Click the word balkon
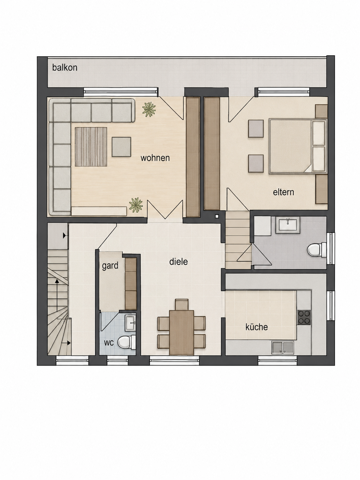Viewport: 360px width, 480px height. pyautogui.click(x=65, y=68)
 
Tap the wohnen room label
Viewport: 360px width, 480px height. pyautogui.click(x=155, y=158)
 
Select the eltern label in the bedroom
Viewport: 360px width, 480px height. pyautogui.click(x=283, y=192)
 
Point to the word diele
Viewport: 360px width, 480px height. pyautogui.click(x=179, y=262)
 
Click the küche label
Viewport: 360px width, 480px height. pyautogui.click(x=257, y=327)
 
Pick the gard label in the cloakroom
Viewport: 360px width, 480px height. pyautogui.click(x=110, y=266)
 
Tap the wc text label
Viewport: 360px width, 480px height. pyautogui.click(x=109, y=343)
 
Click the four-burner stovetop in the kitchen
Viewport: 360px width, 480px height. pyautogui.click(x=304, y=317)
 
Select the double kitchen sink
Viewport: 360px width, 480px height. pyautogui.click(x=283, y=348)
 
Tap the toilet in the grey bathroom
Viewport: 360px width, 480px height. pyautogui.click(x=317, y=250)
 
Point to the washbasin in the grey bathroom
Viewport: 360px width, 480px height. pyautogui.click(x=288, y=225)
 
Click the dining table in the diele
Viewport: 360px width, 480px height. pyautogui.click(x=182, y=332)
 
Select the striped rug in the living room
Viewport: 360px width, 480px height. pyautogui.click(x=91, y=147)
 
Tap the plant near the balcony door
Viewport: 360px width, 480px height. pyautogui.click(x=149, y=109)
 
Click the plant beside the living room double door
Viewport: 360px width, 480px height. pyautogui.click(x=136, y=205)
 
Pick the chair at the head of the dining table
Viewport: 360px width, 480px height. pyautogui.click(x=182, y=305)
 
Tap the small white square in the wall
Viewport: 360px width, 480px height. pyautogui.click(x=217, y=216)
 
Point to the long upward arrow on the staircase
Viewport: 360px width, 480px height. pyautogui.click(x=57, y=295)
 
